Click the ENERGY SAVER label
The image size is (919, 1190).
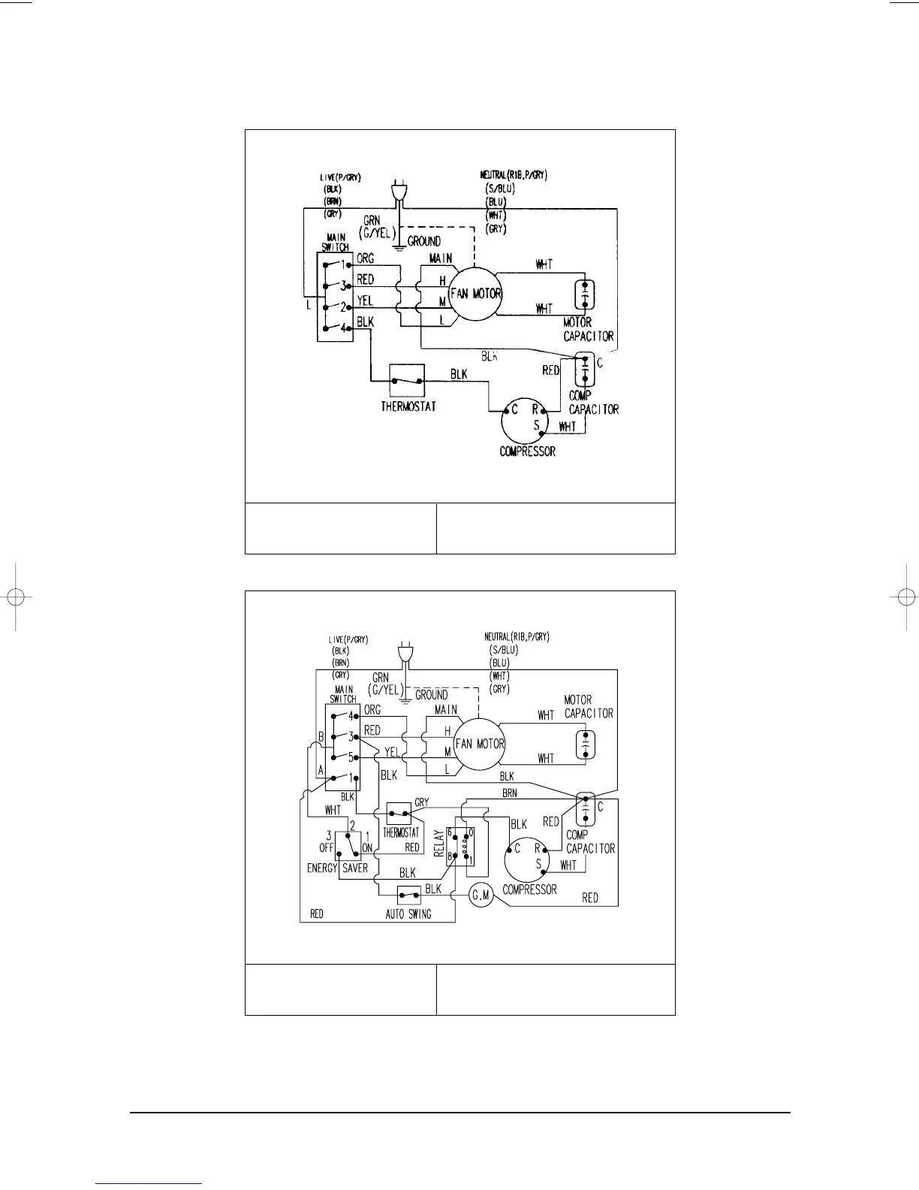(337, 868)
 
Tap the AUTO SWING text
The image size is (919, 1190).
(408, 914)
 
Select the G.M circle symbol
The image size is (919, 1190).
(481, 896)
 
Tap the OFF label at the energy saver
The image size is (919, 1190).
(326, 847)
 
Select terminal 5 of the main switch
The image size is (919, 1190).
(350, 757)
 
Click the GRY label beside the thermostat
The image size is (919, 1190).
(422, 802)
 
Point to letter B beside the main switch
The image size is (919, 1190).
(321, 737)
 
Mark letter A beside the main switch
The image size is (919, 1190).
(321, 770)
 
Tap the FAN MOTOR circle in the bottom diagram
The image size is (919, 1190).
(480, 744)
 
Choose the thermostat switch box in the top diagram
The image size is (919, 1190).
(407, 381)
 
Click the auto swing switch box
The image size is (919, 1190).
(408, 896)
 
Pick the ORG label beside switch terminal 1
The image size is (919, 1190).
(366, 259)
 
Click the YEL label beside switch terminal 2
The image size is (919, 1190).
(365, 301)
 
